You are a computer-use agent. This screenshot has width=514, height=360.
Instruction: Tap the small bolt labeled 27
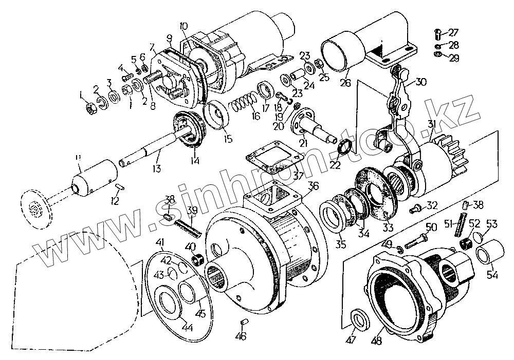tap(437, 35)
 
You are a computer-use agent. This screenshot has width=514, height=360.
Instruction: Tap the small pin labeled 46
tap(244, 323)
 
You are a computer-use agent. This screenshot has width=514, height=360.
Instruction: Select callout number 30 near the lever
tap(421, 81)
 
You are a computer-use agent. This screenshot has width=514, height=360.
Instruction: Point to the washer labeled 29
tap(437, 54)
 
